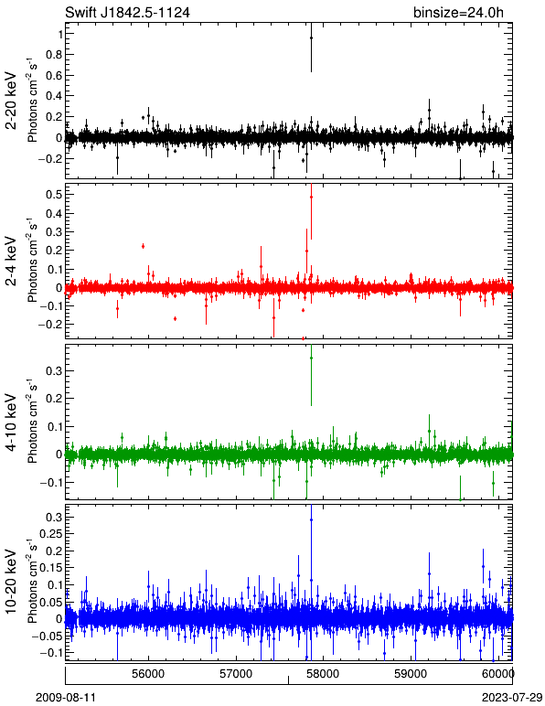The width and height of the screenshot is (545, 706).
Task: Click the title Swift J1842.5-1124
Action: coord(127,12)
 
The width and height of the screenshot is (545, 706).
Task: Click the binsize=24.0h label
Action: coord(458,12)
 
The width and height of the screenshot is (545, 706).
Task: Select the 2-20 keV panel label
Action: coord(11,101)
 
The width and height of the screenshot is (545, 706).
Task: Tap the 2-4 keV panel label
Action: coord(11,262)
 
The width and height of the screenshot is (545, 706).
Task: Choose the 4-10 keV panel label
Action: coord(11,423)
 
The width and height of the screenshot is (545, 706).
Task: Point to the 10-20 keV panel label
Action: coord(11,582)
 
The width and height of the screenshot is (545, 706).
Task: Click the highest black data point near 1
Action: coord(311,37)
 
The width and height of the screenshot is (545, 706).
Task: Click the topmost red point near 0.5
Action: coord(311,198)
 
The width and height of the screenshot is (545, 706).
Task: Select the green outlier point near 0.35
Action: coord(311,358)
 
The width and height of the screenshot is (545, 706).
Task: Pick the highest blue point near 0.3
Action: coord(311,519)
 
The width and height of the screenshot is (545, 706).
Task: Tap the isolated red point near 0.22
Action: coord(143,246)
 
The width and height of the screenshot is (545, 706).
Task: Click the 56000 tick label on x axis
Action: coord(148,674)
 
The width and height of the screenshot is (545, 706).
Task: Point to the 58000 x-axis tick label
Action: coord(325,674)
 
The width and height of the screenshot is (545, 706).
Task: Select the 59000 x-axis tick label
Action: coord(411,674)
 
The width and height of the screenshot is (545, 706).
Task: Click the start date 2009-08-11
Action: coord(66,698)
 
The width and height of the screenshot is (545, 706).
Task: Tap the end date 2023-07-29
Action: coord(512,698)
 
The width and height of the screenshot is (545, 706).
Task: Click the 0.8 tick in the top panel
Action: coord(54,55)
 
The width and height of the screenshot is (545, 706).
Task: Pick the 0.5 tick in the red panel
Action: coord(54,194)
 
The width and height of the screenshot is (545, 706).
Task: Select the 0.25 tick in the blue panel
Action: coord(49,533)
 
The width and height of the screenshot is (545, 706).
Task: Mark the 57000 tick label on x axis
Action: coord(237,674)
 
